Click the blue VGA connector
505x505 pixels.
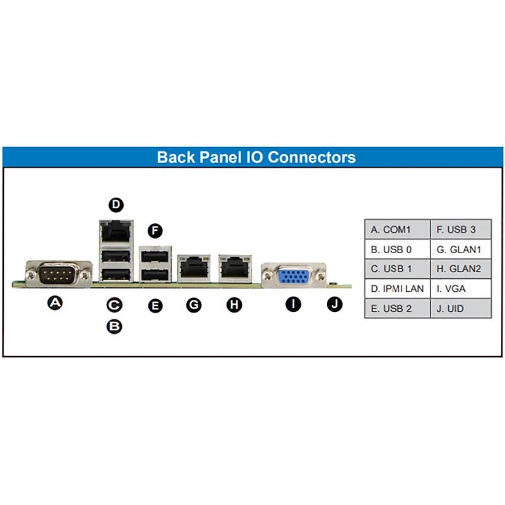[x=294, y=276]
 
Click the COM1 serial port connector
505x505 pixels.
[x=59, y=275]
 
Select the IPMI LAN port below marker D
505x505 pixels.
[x=116, y=232]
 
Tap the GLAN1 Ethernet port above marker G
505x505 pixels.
[x=194, y=268]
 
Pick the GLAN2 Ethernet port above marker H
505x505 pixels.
[x=235, y=268]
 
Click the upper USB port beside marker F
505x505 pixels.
[x=155, y=257]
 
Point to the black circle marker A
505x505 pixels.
[x=55, y=303]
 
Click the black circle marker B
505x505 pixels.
[x=114, y=326]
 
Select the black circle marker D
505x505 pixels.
[x=116, y=205]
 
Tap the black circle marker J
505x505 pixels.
[x=335, y=304]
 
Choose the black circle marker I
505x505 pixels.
[x=294, y=304]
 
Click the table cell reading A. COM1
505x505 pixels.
[x=398, y=229]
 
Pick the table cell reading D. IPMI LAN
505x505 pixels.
[x=398, y=288]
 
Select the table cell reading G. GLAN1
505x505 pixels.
[x=461, y=249]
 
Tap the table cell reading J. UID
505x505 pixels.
[x=461, y=309]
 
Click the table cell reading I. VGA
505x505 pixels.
[x=461, y=288]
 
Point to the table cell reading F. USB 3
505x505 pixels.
[x=461, y=229]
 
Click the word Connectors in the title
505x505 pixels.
[x=311, y=157]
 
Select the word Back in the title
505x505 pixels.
[x=176, y=157]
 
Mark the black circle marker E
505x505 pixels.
[x=155, y=306]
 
